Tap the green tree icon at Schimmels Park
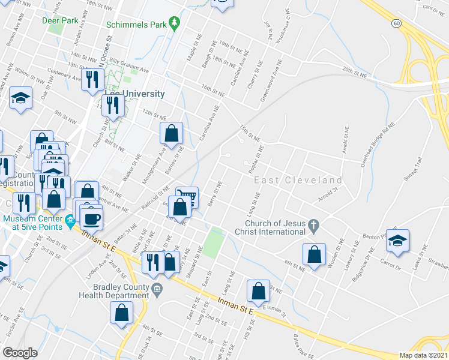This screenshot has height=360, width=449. coord(175,24)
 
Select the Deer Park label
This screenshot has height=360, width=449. coord(61,20)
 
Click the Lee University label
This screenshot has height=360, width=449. coord(134,94)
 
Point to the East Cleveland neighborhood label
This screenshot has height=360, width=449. coord(298,180)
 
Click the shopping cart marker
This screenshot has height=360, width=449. coord(187,197)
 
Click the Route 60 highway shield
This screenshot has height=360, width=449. coord(396,23)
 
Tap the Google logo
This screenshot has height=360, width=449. coord(20,353)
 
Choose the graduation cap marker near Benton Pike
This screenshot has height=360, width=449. coord(397,241)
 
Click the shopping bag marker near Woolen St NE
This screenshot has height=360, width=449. coord(314,254)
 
